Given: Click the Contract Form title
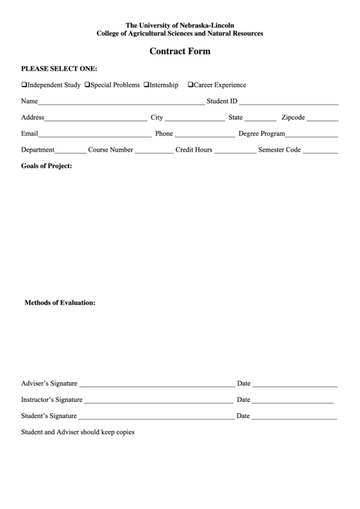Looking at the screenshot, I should coord(180,51).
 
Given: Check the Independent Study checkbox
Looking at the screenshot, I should coord(24,86).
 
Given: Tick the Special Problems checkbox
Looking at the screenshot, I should coord(87,86).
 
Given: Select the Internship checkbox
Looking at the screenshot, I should coord(146,86).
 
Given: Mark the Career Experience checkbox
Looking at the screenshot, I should coord(191,86).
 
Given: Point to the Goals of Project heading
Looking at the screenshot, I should coord(46,166).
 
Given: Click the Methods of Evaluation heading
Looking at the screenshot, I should coord(60,302).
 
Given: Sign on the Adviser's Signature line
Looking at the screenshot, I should coord(156,385).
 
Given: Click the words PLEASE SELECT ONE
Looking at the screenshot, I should coord(59,69).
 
